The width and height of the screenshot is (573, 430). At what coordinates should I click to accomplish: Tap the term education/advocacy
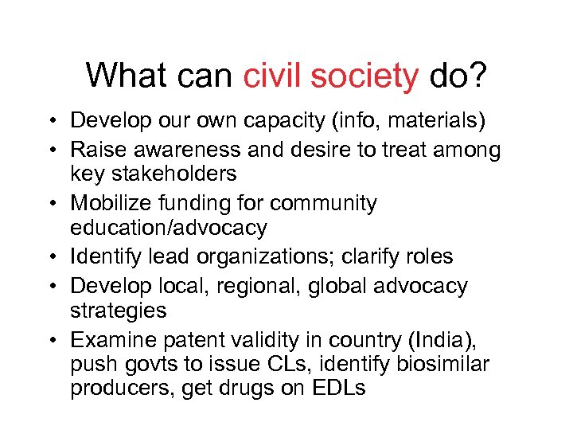coord(169,228)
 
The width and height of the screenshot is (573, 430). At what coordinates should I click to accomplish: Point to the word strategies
coord(119,311)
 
